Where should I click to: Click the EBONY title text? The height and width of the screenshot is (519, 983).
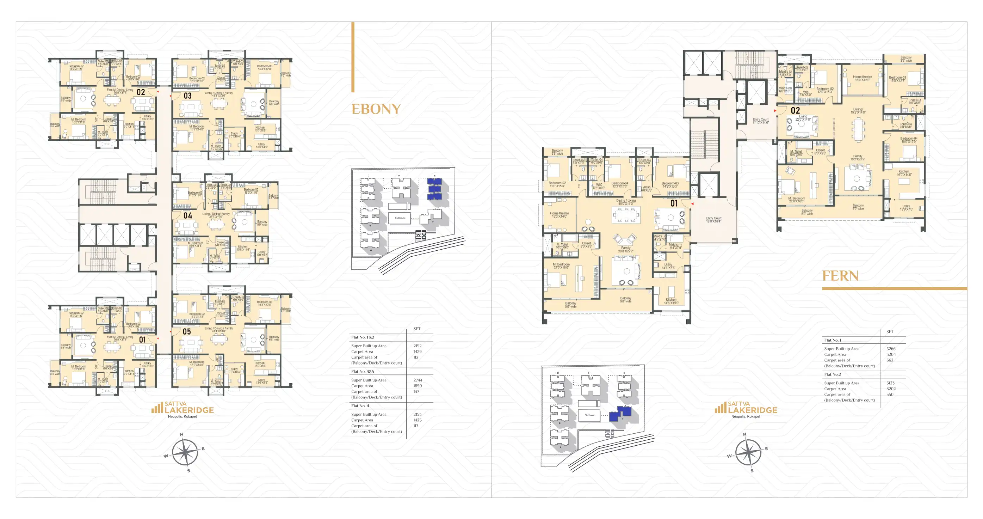click(376, 109)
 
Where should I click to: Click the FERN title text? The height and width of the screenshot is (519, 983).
click(840, 276)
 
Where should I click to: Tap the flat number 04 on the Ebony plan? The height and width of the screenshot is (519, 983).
click(188, 216)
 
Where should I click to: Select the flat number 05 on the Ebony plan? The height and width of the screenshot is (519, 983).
click(187, 331)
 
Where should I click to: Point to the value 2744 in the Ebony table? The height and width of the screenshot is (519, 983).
click(418, 380)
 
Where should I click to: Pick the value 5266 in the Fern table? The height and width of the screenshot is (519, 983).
click(891, 349)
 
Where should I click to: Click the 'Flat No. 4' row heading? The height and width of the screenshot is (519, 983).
click(360, 405)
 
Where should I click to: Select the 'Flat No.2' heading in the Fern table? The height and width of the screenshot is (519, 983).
click(832, 374)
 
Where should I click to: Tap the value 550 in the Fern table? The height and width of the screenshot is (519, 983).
click(890, 395)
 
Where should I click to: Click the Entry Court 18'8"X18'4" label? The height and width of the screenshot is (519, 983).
click(713, 220)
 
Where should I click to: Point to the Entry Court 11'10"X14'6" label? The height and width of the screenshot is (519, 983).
click(760, 121)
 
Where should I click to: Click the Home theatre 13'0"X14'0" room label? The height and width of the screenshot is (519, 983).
click(559, 215)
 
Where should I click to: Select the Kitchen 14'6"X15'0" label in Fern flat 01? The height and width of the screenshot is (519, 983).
click(671, 301)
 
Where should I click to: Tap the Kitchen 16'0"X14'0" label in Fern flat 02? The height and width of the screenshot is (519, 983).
click(904, 173)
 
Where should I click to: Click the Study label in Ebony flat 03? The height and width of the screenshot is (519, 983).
click(234, 135)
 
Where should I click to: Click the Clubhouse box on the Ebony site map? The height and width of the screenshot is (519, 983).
click(400, 218)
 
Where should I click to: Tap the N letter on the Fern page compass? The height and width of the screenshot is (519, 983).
click(744, 434)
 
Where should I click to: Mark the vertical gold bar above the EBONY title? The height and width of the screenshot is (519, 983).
click(353, 57)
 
